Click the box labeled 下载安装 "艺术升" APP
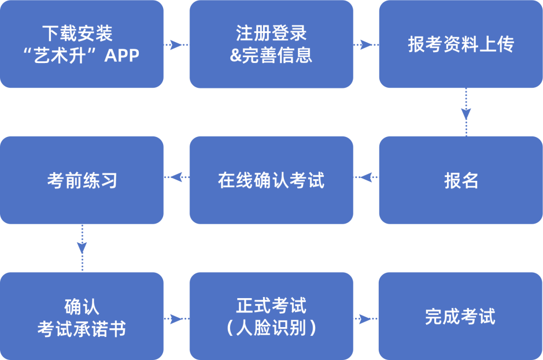(82, 44)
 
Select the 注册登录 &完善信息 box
(272, 44)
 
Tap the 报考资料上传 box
(461, 44)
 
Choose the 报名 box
(461, 180)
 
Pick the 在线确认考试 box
(272, 180)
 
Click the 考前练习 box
(82, 180)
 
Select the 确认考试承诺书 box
(82, 316)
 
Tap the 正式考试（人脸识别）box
(272, 316)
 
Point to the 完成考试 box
(461, 316)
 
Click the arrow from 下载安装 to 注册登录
(176, 44)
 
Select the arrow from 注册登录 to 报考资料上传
(366, 44)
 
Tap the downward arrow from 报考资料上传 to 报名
(466, 112)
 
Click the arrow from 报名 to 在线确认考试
(366, 177)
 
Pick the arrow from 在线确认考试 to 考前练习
(176, 177)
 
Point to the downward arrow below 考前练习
(82, 248)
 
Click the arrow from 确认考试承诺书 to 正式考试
(176, 319)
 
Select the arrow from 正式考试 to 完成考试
(366, 319)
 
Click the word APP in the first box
(122, 55)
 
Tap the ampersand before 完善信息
(235, 55)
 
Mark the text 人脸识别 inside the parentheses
(271, 328)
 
